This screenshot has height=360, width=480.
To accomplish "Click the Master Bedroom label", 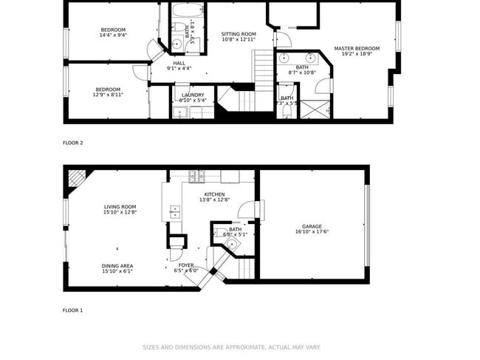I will pos(357,49).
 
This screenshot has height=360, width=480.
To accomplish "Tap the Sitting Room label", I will pos(239,34).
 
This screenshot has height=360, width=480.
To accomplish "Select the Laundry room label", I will pos(193,95).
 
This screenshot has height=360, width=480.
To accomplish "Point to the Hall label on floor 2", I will pos(179,63).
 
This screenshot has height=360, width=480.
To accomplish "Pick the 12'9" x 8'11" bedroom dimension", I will pos(108,95).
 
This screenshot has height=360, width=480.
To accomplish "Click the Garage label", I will pos(312,226).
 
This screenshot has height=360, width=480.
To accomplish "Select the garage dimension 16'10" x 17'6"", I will pos(312,232).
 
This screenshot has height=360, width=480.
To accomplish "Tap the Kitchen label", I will pos(215,194).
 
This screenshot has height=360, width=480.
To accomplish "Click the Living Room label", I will pos(120,207).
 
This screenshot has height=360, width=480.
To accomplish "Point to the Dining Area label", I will pos(117,265).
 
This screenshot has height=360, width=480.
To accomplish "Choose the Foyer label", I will pos(186,265).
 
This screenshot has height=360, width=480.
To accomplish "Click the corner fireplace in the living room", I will pos(75,178).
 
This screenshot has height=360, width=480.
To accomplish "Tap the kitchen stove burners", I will pos(196,177).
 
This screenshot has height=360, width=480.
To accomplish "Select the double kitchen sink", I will pos(175,214).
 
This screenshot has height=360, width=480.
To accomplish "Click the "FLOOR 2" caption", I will pos(73,143).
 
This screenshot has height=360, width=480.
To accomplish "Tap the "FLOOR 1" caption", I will pos(72,310).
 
